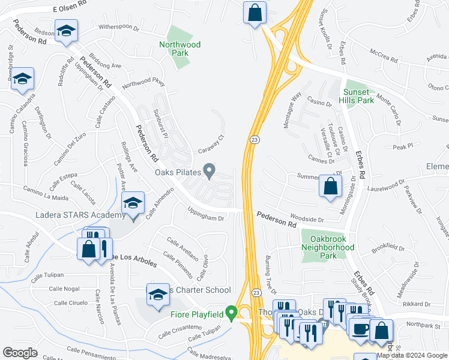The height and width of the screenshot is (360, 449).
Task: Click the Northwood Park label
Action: (x=180, y=49)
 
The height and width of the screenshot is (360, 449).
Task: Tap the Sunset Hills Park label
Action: (x=358, y=96)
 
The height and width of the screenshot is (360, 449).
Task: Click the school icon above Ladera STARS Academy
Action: (x=133, y=203)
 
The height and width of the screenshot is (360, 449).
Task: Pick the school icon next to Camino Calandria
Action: (x=23, y=79)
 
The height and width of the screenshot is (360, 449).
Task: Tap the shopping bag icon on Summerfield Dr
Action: (x=330, y=186)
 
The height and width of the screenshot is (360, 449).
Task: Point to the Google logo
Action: (x=20, y=353)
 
